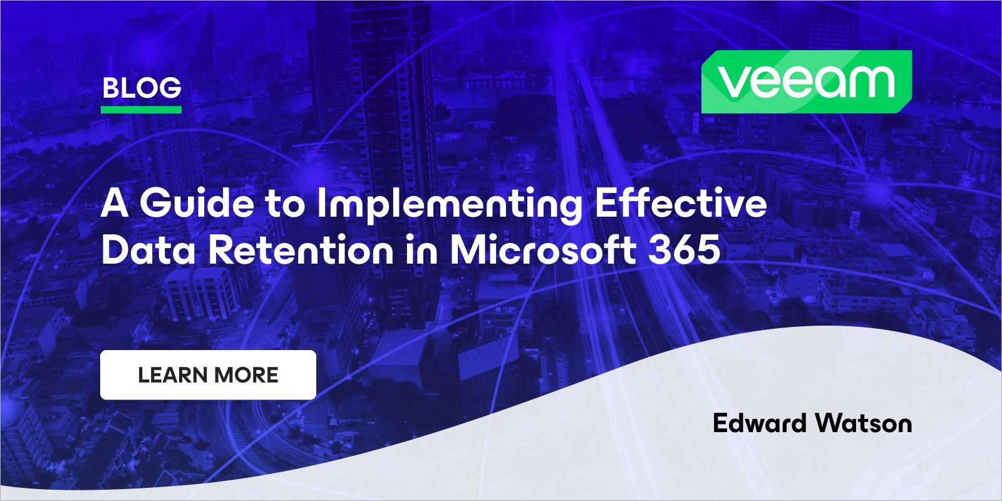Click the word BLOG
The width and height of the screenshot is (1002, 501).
[x=142, y=88]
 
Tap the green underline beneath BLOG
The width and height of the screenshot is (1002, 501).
[x=141, y=110]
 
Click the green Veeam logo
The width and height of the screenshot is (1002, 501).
[x=806, y=82]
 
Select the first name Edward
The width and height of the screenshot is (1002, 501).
[x=760, y=423]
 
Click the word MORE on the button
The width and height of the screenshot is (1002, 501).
[x=245, y=375]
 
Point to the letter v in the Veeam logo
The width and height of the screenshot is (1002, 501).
[x=732, y=82]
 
